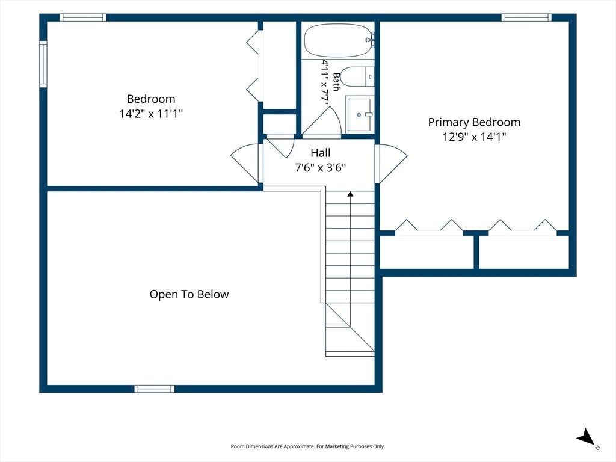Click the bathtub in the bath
338,40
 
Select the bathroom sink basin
359,114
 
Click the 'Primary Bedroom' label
474,122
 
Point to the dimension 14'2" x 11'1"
151,114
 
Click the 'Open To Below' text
189,294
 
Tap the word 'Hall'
320,153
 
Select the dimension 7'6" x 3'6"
320,168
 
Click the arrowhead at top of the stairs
350,194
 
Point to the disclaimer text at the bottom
307,446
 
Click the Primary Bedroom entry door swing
391,163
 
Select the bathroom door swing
322,122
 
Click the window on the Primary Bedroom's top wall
526,17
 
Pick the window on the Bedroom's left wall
43,64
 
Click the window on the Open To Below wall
155,389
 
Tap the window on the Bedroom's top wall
83,17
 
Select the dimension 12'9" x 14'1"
474,137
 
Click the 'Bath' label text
336,82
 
